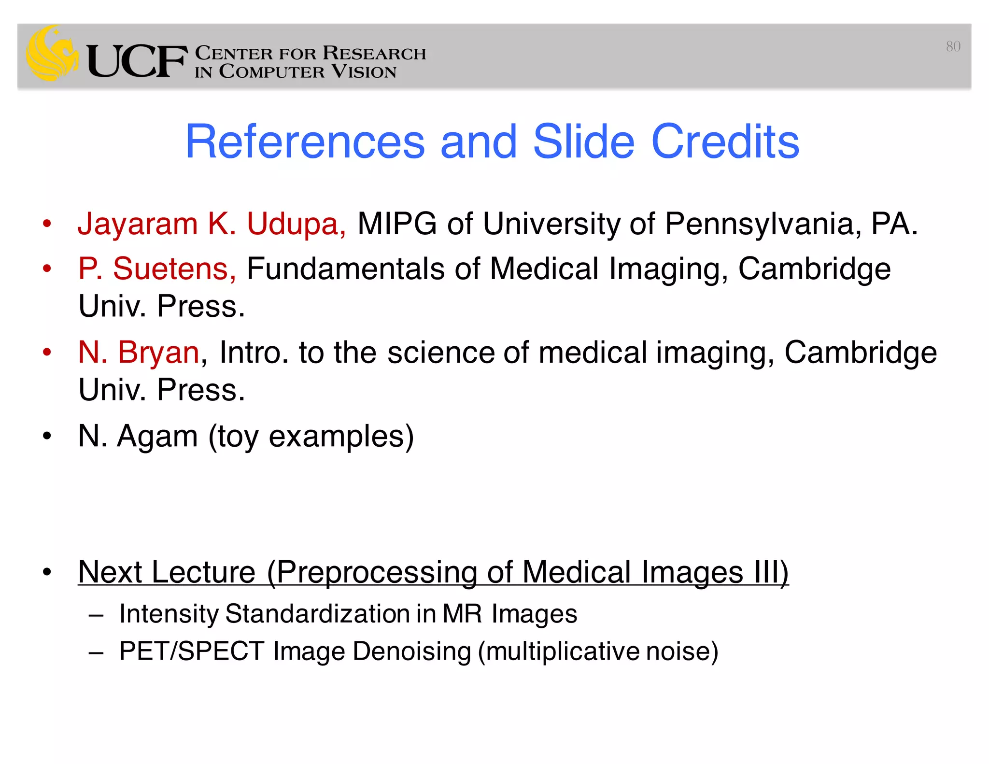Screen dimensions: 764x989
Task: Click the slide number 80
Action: pyautogui.click(x=953, y=46)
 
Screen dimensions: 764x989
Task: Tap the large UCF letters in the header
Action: pyautogui.click(x=137, y=61)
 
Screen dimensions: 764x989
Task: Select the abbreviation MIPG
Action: pyautogui.click(x=397, y=224)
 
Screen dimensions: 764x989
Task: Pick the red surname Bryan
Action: pyautogui.click(x=158, y=352)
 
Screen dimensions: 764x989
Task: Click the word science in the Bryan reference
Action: pyautogui.click(x=440, y=352)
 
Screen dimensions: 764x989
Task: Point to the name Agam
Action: pyautogui.click(x=157, y=436)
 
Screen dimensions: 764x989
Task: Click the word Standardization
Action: pyautogui.click(x=317, y=614)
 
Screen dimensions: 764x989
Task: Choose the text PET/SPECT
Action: pyautogui.click(x=192, y=651)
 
